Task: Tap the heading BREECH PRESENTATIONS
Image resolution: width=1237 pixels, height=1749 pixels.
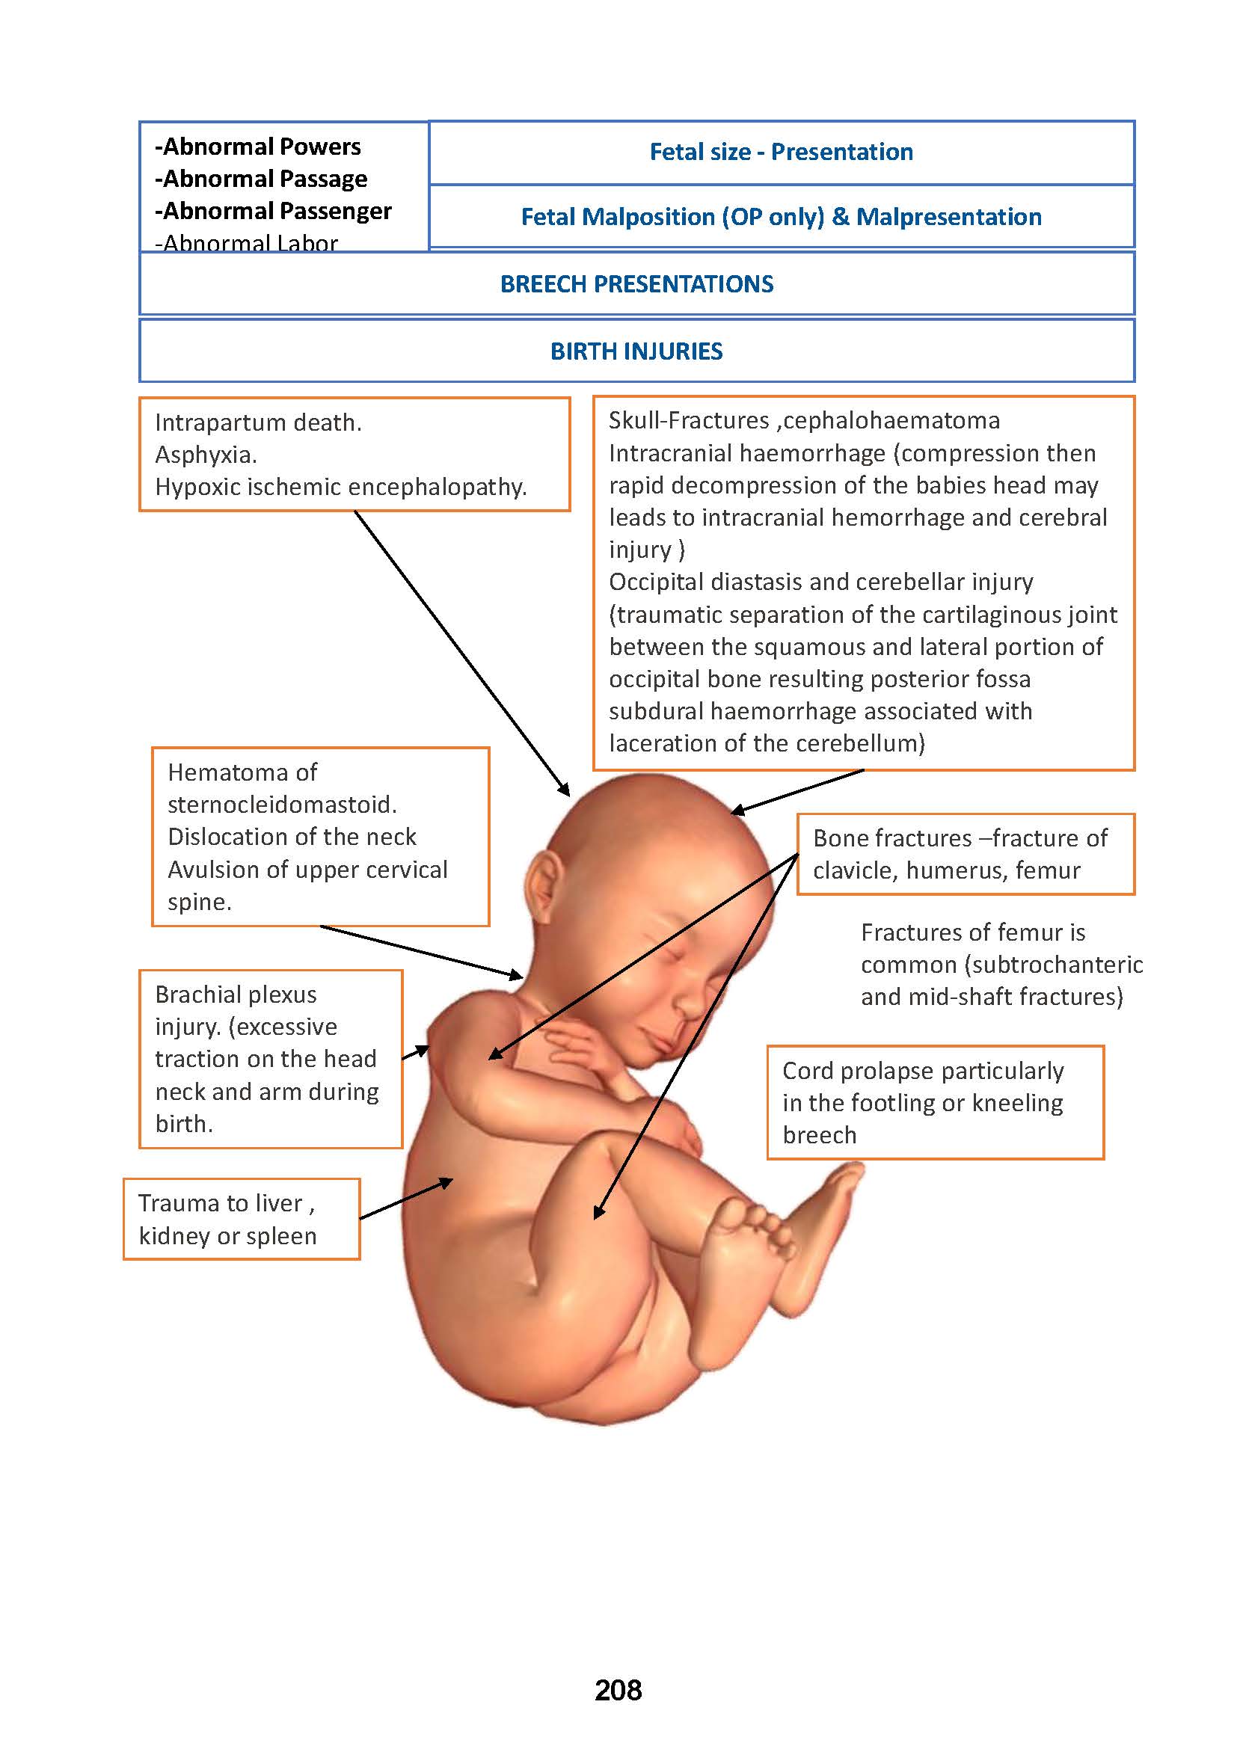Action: tap(636, 284)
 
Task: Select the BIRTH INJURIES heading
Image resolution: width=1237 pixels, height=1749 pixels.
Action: tap(636, 351)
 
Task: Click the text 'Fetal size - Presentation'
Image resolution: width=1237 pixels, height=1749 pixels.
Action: tap(781, 153)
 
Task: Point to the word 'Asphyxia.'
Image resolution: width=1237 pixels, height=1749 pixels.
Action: tap(206, 455)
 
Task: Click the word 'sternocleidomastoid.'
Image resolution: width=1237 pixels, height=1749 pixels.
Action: tap(282, 805)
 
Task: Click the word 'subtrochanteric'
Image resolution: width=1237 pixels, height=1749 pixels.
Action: tap(1054, 965)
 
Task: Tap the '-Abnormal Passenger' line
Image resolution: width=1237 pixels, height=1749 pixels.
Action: tap(274, 211)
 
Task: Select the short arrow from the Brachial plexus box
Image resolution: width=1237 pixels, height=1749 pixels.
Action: tap(416, 1052)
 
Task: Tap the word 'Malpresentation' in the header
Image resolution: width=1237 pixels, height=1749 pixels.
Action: tap(948, 217)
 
